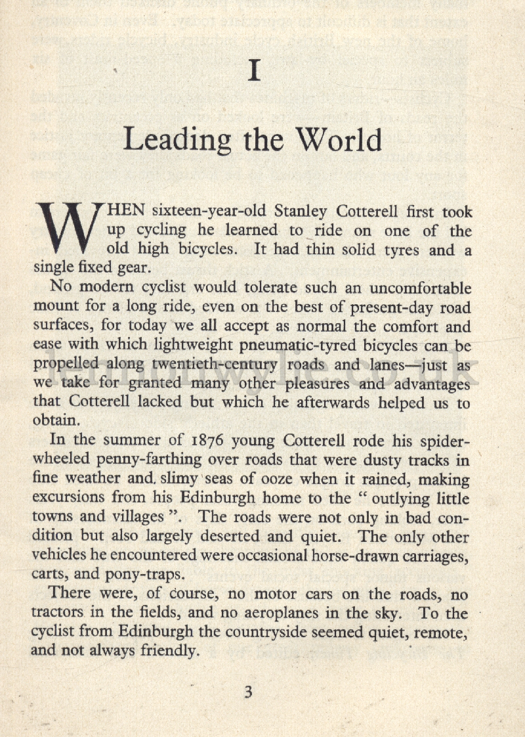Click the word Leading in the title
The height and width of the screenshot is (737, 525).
(177, 141)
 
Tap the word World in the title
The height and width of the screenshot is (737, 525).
(338, 139)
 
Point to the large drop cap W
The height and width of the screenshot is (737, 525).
(69, 231)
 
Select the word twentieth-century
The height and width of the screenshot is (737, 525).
(214, 365)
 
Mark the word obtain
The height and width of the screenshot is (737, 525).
(56, 421)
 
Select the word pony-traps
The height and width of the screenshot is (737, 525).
(142, 575)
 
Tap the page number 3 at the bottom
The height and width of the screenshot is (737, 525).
(248, 692)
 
